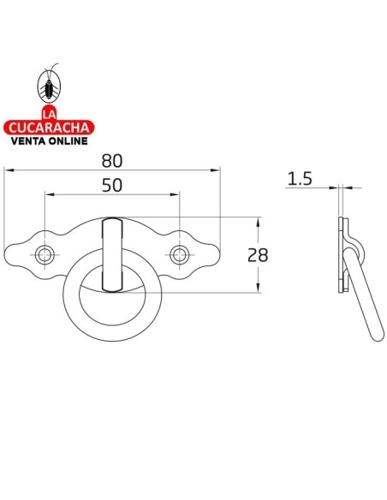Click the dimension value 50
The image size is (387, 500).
[x=112, y=184]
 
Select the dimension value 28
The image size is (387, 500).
[x=256, y=254]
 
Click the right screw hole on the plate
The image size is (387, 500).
[x=179, y=253]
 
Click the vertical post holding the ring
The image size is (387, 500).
[x=112, y=253]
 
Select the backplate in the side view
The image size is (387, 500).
[x=342, y=257]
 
